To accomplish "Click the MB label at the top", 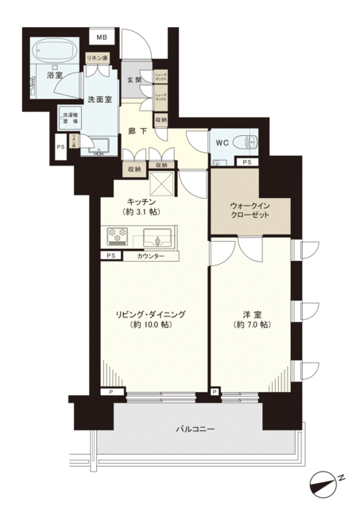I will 102,37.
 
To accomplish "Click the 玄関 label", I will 134,80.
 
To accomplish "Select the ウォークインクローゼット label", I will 250,210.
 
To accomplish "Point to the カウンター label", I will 150,256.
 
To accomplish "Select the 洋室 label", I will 254,315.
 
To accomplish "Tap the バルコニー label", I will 195,430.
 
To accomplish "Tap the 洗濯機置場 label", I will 68,120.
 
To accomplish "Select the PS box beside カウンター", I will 107,256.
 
